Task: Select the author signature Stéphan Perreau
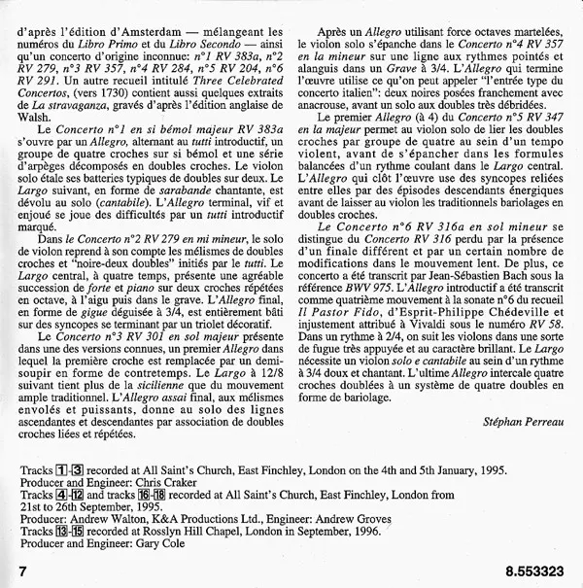(521, 421)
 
